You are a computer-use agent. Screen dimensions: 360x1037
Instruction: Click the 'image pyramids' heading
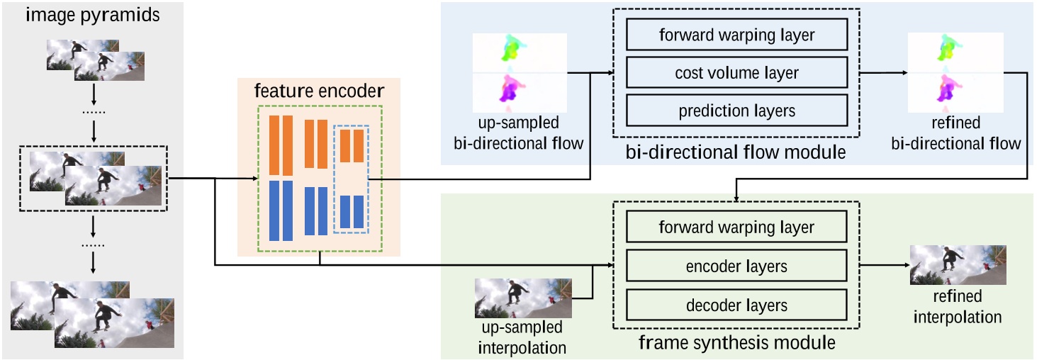point(91,15)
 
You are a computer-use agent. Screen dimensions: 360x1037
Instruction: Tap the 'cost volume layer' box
point(737,72)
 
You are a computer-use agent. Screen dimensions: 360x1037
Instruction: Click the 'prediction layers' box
point(737,111)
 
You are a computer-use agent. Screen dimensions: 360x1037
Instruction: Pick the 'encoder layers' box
point(737,267)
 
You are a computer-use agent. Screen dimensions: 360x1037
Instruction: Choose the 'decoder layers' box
point(737,305)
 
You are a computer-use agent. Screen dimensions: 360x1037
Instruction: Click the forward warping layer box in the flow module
point(737,34)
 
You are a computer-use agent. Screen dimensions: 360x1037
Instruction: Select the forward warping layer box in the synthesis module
point(737,228)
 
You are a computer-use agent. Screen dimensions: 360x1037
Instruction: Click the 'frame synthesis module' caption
point(736,344)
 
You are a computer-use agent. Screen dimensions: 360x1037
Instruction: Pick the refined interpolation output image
point(958,265)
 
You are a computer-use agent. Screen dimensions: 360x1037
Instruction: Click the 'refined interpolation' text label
point(958,308)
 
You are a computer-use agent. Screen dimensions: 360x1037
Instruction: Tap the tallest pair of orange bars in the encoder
point(281,145)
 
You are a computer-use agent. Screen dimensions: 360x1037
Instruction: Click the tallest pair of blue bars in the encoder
point(281,210)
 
